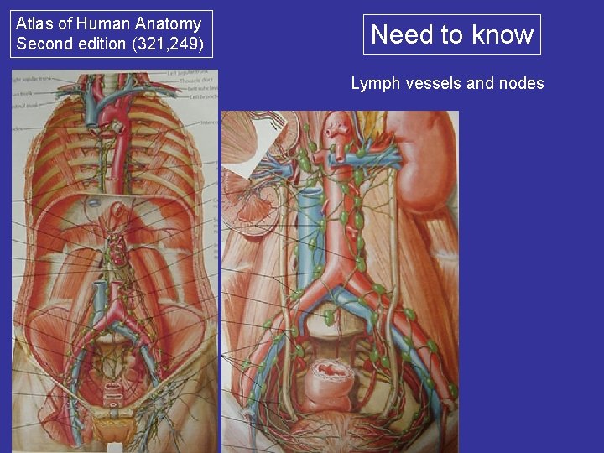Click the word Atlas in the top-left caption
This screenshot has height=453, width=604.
[x=34, y=24]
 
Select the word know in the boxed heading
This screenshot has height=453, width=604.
[x=502, y=34]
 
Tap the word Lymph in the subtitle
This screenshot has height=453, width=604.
[x=372, y=83]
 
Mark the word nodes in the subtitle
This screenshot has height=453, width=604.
[x=522, y=83]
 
